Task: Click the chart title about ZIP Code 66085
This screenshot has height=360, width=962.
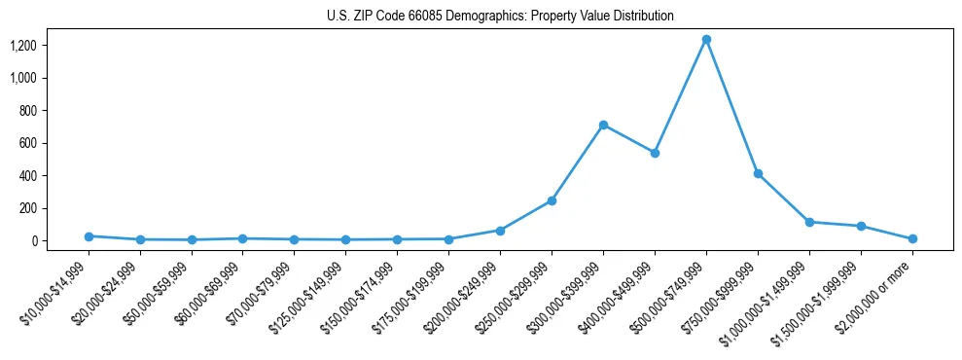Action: pyautogui.click(x=499, y=17)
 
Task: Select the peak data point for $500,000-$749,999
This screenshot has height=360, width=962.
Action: pyautogui.click(x=706, y=40)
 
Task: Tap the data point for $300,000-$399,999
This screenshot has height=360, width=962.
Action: pyautogui.click(x=603, y=125)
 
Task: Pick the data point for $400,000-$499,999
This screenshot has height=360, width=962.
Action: pyautogui.click(x=655, y=153)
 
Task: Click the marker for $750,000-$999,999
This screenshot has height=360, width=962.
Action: pyautogui.click(x=758, y=173)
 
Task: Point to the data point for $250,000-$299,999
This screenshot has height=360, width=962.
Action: pyautogui.click(x=552, y=200)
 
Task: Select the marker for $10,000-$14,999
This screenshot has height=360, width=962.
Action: pyautogui.click(x=89, y=236)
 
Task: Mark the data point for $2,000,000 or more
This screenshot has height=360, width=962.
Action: pyautogui.click(x=912, y=238)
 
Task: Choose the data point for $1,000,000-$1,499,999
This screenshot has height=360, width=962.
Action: pyautogui.click(x=809, y=222)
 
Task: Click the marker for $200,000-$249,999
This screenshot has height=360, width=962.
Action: pyautogui.click(x=500, y=231)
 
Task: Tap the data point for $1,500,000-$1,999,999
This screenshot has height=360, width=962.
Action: pyautogui.click(x=861, y=226)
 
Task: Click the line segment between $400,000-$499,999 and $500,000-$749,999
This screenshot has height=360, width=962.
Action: pyautogui.click(x=681, y=96)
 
